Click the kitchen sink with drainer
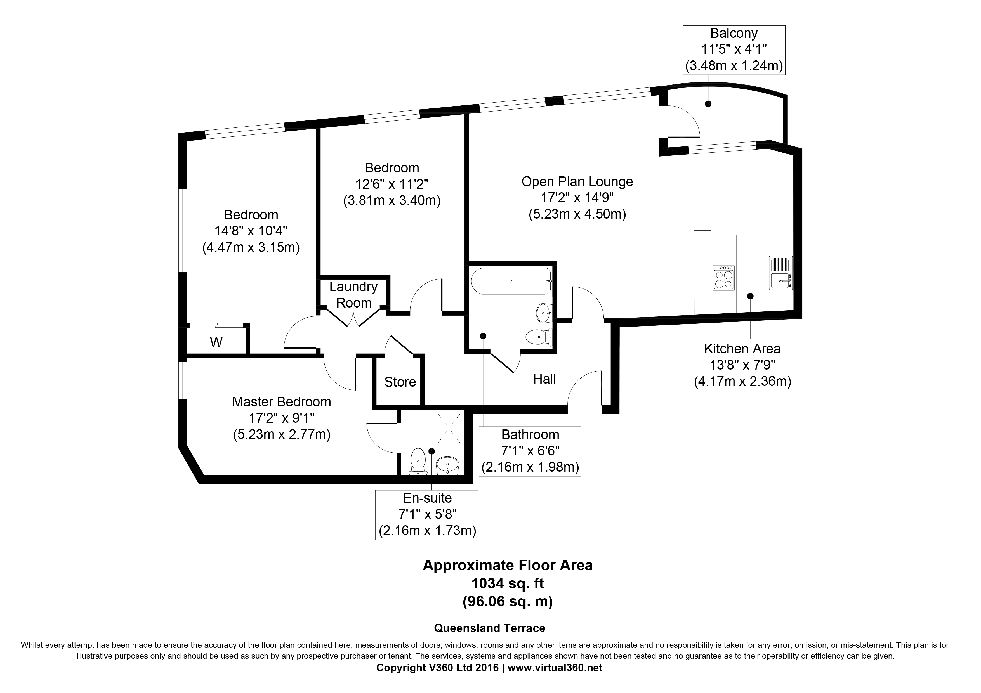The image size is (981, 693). (780, 273)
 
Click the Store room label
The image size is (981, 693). (400, 382)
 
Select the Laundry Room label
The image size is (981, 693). (353, 295)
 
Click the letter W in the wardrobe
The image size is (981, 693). (216, 342)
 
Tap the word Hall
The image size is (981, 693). (544, 379)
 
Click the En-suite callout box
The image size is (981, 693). (427, 515)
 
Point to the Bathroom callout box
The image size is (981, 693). (530, 451)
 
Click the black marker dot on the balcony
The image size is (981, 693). (708, 104)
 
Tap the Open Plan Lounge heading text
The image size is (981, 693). (577, 181)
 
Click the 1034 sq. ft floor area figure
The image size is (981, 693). (508, 583)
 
